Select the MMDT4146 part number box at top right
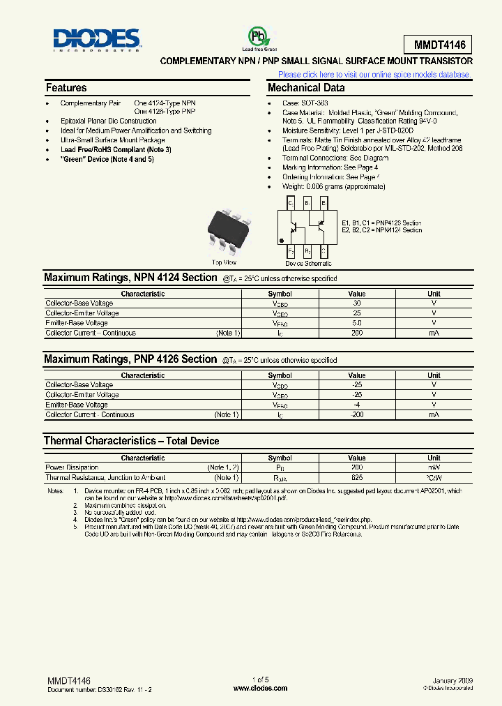437,45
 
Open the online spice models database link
374,75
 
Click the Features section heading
66,88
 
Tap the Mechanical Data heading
306,88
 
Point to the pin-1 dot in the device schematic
282,241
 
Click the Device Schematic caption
308,264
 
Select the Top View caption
225,262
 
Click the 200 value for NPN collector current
356,333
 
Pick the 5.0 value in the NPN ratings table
356,323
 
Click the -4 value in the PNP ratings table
356,405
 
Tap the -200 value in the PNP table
356,415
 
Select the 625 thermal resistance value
356,478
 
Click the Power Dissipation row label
72,467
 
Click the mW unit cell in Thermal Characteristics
434,467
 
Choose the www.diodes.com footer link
260,688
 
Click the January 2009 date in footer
452,679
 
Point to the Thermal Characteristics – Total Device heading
131,441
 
